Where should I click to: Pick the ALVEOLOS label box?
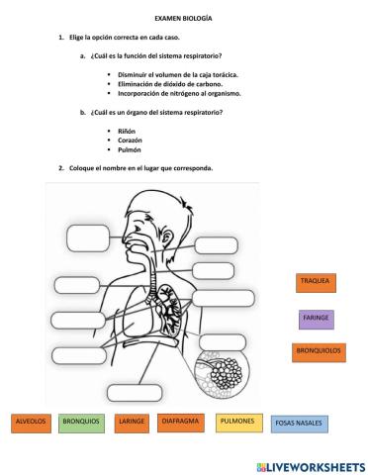tap(30, 423)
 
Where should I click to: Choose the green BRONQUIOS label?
tap(80, 423)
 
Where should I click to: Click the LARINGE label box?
tap(131, 423)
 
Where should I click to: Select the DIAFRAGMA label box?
tap(181, 423)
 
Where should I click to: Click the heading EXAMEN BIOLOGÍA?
tap(183, 18)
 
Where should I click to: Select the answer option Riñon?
tap(126, 131)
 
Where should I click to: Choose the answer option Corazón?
tap(130, 140)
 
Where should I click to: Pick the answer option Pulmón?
tap(129, 149)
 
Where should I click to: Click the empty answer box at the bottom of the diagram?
tap(134, 392)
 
